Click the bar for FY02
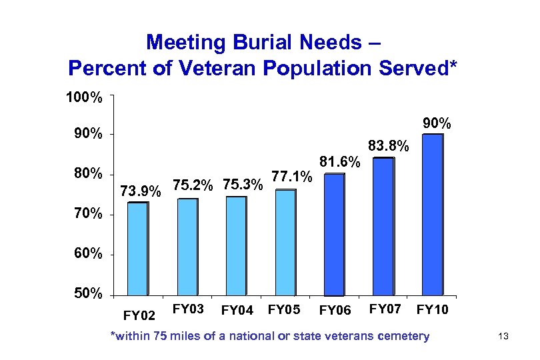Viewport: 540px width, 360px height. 138,249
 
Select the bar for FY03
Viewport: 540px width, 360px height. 188,247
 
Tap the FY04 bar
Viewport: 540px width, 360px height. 236,246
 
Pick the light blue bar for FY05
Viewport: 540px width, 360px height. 286,243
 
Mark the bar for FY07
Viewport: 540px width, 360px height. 383,227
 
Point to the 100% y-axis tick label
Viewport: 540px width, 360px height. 83,98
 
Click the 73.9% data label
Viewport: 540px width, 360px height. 140,192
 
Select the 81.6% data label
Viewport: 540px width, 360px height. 340,162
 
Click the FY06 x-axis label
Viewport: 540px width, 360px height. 335,310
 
